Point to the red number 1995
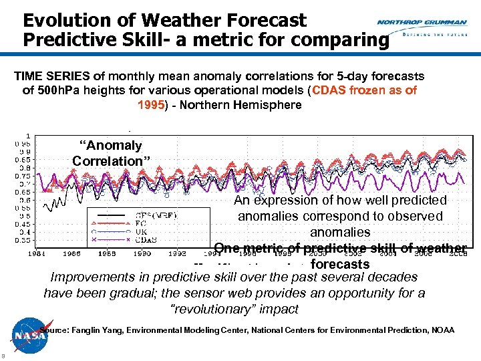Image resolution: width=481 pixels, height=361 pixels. (x=150, y=105)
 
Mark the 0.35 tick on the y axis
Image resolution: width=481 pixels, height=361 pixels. (x=23, y=239)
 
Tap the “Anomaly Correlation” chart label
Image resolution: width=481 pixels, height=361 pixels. (x=111, y=153)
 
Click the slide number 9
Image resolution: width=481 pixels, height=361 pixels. (x=4, y=355)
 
